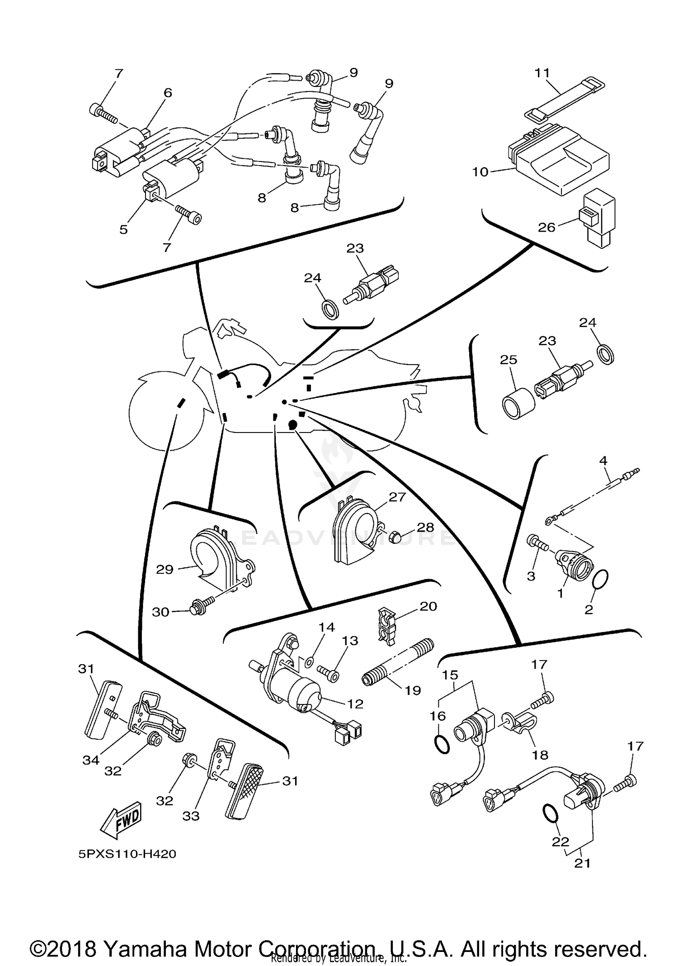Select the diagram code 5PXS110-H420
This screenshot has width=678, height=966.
click(x=127, y=854)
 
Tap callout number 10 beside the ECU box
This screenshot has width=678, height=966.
click(x=480, y=172)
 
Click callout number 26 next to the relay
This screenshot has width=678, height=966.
click(x=546, y=227)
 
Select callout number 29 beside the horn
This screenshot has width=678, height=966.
click(x=165, y=569)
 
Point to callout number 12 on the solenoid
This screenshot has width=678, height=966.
click(x=356, y=704)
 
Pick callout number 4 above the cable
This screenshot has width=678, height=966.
click(x=603, y=461)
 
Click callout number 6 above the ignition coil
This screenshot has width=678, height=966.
click(x=168, y=93)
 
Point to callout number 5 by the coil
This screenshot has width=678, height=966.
click(x=123, y=229)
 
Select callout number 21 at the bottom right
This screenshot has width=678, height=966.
click(x=582, y=863)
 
